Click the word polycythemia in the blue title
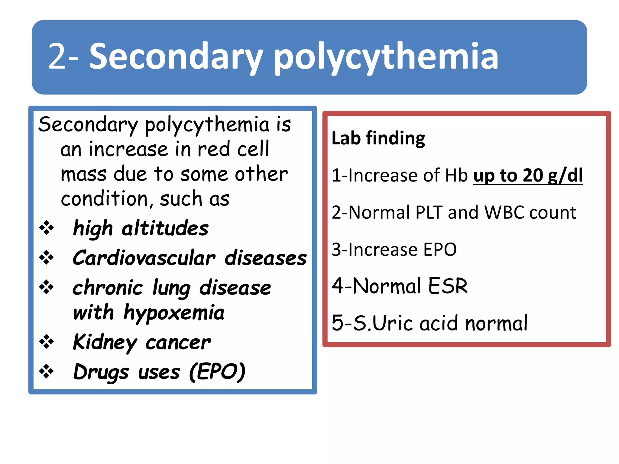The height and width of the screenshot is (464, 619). pyautogui.click(x=386, y=57)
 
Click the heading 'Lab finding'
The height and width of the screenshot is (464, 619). pyautogui.click(x=378, y=138)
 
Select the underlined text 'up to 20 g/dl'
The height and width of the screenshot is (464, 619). pyautogui.click(x=528, y=176)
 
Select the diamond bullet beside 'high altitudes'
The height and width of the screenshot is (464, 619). pyautogui.click(x=47, y=228)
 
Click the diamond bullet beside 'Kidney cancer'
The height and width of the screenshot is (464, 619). pyautogui.click(x=47, y=342)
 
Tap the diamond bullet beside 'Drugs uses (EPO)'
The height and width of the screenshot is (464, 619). pyautogui.click(x=47, y=371)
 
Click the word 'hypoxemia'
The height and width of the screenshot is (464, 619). pyautogui.click(x=174, y=313)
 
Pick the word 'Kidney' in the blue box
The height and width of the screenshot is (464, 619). pyautogui.click(x=105, y=342)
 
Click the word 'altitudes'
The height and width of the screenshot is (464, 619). pyautogui.click(x=165, y=228)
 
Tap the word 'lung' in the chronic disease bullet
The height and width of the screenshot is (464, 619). pyautogui.click(x=171, y=288)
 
